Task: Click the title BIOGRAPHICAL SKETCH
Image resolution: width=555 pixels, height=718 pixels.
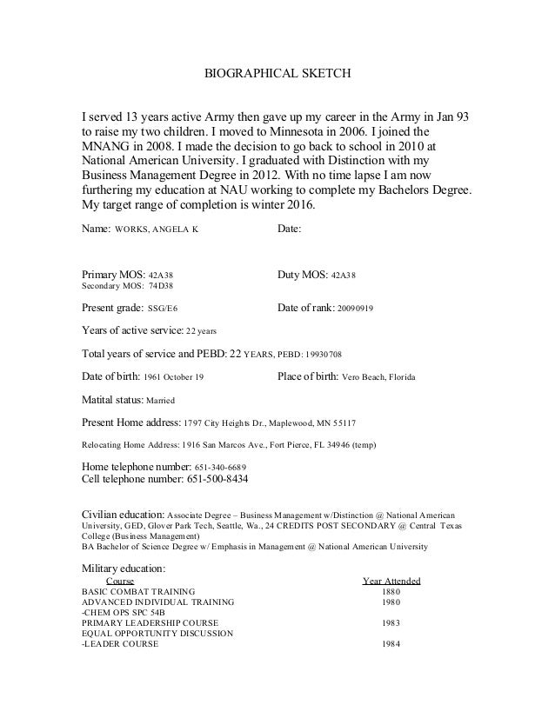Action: click(x=277, y=75)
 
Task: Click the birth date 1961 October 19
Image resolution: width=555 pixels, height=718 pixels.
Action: click(x=173, y=378)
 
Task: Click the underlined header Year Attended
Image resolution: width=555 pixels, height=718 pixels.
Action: click(x=391, y=581)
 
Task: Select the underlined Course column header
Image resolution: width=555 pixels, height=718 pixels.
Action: click(x=119, y=581)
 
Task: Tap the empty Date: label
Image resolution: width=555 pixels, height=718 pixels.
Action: click(x=289, y=229)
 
